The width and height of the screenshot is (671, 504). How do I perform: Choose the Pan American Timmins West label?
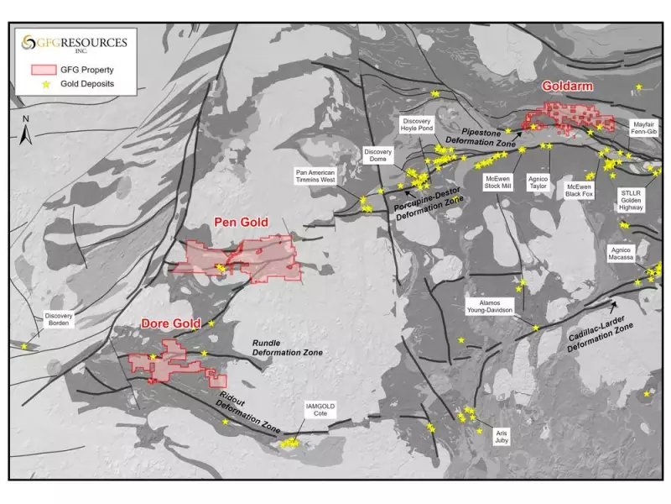point(315,176)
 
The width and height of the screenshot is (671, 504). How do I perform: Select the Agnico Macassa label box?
point(621,255)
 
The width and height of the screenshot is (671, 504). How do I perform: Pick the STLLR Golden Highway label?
point(630,200)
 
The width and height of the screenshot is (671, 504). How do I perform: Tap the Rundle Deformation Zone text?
point(284,349)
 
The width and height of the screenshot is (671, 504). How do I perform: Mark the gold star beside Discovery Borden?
point(23,346)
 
